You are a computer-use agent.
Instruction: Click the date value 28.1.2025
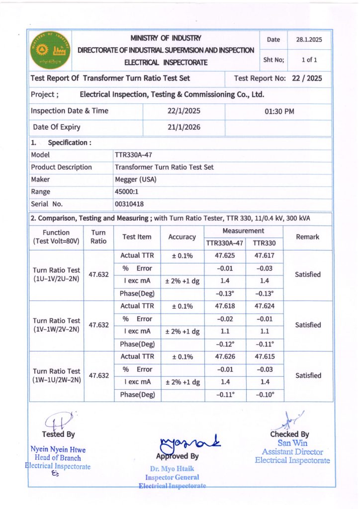pos(310,40)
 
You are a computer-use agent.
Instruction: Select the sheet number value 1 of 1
pos(309,60)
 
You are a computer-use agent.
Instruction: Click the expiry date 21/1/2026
pos(184,127)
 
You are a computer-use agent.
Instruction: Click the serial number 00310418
pos(129,204)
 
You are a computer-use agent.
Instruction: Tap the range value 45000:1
pos(127,191)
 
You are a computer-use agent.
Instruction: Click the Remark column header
pos(307,237)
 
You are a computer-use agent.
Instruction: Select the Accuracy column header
pos(182,237)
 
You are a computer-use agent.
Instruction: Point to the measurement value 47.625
pos(225,256)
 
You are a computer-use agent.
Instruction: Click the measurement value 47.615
pos(265,357)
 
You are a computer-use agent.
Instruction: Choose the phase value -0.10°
pos(265,395)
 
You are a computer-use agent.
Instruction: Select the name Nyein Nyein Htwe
pos(58,450)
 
